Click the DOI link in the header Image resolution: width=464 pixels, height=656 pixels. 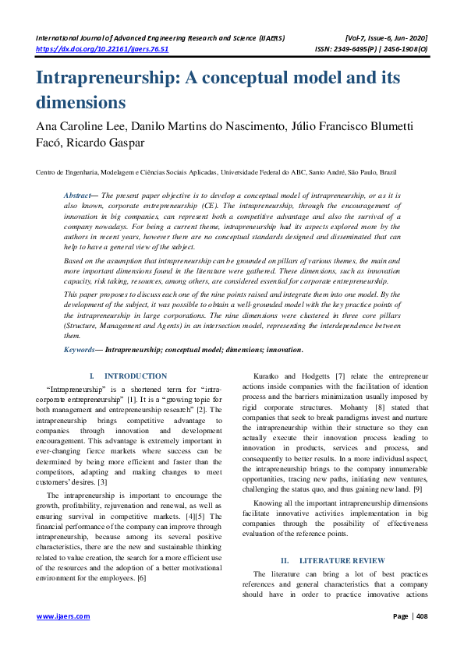click(102, 48)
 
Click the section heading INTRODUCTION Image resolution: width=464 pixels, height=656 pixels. click(136, 376)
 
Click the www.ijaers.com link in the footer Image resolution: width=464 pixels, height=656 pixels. click(63, 616)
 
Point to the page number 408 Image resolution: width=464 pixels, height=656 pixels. click(420, 616)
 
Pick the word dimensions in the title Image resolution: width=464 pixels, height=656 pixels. click(81, 102)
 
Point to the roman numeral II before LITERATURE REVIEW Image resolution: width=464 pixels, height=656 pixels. click(285, 538)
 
